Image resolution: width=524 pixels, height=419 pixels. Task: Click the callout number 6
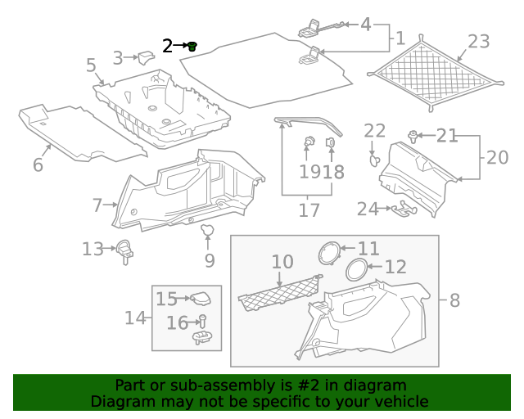(38, 164)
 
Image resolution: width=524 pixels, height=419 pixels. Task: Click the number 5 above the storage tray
(91, 65)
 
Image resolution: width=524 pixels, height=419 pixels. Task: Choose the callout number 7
(97, 205)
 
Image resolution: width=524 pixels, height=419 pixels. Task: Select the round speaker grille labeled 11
(328, 252)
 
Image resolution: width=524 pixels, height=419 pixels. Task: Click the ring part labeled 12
(356, 268)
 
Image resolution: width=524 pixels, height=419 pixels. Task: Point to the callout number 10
(282, 262)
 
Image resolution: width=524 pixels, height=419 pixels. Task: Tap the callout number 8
(454, 300)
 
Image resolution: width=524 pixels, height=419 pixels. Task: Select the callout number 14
(135, 317)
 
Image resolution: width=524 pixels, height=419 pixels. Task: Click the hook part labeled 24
(402, 211)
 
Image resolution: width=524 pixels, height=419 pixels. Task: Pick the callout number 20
(497, 156)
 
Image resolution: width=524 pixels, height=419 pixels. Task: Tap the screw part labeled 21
(413, 135)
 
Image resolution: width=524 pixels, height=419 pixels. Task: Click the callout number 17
(309, 210)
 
